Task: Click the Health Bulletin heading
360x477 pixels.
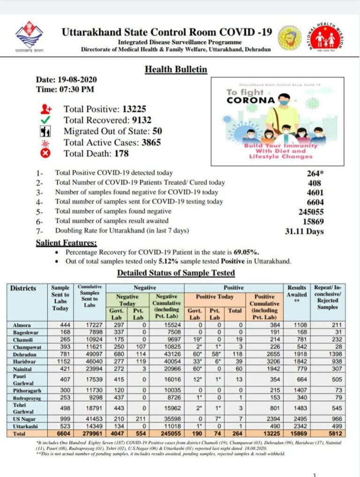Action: [x=175, y=69]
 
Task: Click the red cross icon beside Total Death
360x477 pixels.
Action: [x=46, y=153]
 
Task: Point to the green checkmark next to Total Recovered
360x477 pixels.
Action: [x=45, y=120]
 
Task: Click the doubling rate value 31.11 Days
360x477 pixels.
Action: [x=304, y=231]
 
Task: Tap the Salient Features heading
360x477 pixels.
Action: [x=67, y=243]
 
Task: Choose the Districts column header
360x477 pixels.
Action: [x=23, y=288]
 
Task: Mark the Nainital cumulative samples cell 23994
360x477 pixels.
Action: [x=89, y=371]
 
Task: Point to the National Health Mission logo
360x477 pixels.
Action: [x=327, y=38]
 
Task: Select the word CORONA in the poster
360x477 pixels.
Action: [x=251, y=100]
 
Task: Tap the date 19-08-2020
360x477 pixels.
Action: [x=78, y=80]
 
